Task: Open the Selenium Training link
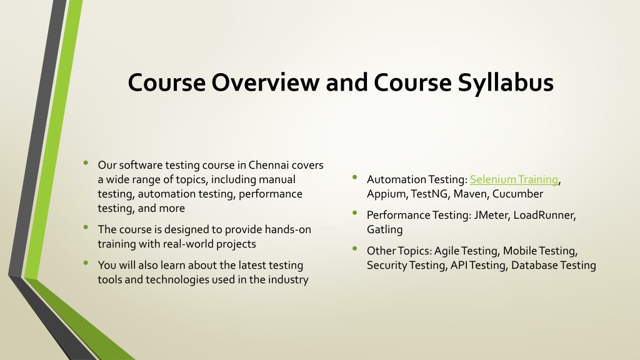coord(514,179)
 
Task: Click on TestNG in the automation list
coord(429,194)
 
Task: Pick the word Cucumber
coord(517,194)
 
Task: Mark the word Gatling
coord(384,230)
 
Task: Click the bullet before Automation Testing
coord(355,177)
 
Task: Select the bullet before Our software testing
coord(86,163)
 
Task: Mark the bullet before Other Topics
coord(355,248)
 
